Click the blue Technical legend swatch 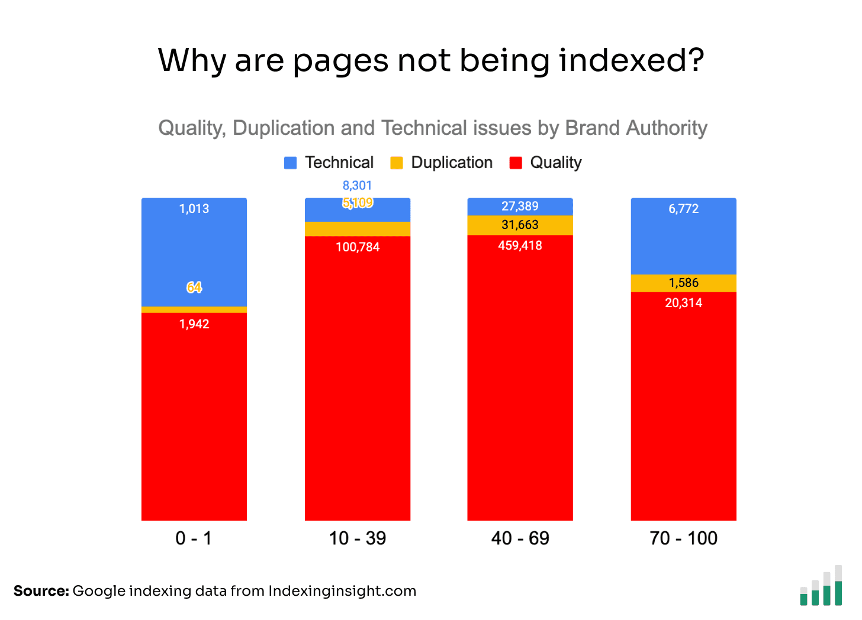point(290,163)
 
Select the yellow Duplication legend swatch point(397,163)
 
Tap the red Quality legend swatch point(516,163)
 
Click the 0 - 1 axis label point(194,538)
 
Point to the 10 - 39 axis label point(358,538)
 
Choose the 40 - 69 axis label point(520,538)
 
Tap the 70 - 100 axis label point(683,538)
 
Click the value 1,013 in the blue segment point(194,209)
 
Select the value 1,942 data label point(194,324)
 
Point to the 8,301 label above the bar point(357,186)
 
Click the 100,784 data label point(358,247)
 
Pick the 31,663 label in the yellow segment point(520,225)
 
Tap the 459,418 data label point(520,246)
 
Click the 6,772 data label point(684,209)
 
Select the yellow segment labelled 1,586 point(684,283)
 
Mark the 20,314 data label point(684,303)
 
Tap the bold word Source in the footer point(41,591)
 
